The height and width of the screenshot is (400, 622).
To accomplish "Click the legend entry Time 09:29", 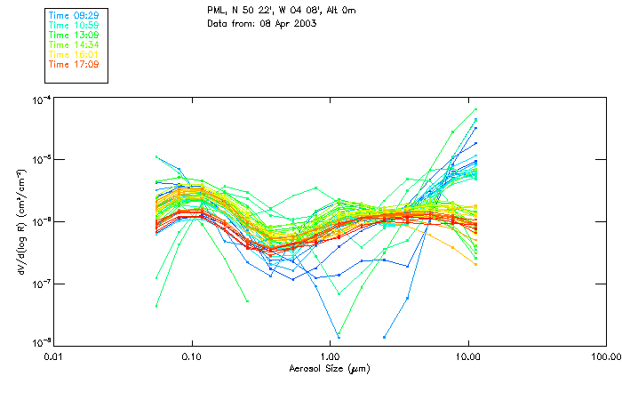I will tap(74, 15).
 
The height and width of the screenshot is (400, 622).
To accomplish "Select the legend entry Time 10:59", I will tap(74, 25).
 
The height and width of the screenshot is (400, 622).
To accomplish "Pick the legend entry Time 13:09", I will tap(74, 35).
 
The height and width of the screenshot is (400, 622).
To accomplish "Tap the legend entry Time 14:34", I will tap(74, 44).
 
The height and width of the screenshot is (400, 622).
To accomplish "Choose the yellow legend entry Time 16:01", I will tap(74, 54).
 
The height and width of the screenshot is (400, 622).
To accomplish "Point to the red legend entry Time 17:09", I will tap(74, 64).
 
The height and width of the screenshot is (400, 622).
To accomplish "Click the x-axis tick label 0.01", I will tap(54, 356).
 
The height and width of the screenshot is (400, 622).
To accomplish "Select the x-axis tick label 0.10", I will tap(192, 356).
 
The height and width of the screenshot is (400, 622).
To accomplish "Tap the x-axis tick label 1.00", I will tap(331, 356).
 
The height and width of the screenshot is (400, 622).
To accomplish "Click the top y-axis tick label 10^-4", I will tap(39, 100).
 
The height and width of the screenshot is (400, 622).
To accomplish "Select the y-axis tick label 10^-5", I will tap(39, 160).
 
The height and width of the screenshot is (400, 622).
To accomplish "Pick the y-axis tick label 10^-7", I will tap(39, 284).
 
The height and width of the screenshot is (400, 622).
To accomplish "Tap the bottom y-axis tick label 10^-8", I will tap(39, 343).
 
